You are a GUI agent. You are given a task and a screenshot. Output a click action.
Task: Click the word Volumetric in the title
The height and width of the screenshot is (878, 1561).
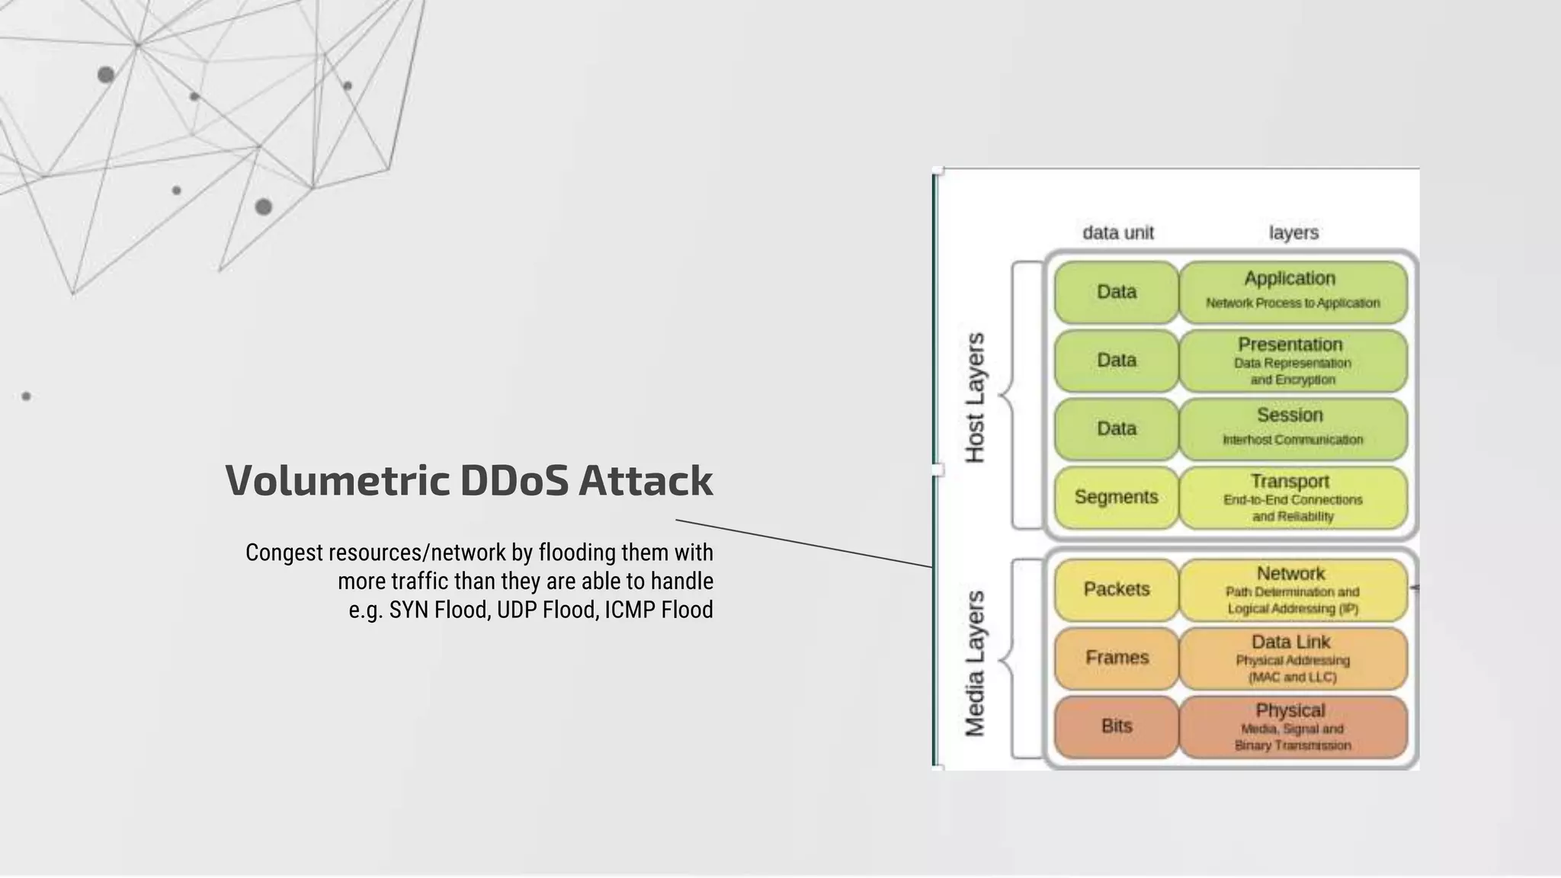[x=337, y=481]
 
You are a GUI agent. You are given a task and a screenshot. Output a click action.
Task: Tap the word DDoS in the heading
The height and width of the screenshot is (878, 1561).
[x=514, y=481]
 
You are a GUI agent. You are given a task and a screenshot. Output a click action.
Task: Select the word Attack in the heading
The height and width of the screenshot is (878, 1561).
[x=645, y=481]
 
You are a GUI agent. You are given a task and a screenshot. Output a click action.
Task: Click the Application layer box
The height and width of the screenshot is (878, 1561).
[x=1293, y=292]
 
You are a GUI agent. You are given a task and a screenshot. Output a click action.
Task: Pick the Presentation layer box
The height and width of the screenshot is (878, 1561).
[x=1293, y=360]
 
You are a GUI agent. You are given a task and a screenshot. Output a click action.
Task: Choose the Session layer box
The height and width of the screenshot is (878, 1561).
[x=1293, y=428]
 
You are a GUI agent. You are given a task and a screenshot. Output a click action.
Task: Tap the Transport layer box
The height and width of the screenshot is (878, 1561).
[x=1293, y=498]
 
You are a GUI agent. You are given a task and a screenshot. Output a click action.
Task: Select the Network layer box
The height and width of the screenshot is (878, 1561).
[x=1293, y=590]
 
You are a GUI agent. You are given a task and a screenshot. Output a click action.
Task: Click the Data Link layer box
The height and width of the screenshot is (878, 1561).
[x=1293, y=658]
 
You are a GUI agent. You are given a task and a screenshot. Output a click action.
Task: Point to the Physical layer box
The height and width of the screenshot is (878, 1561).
[x=1293, y=727]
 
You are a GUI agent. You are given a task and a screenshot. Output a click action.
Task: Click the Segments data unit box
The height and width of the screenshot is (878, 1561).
[x=1117, y=498]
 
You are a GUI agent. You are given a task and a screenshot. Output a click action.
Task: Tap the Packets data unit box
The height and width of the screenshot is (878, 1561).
[x=1117, y=589]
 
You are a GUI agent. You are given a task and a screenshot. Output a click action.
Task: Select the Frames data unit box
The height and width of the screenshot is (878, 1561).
[x=1117, y=658]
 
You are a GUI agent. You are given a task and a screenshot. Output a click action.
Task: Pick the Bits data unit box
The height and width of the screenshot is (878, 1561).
[x=1117, y=726]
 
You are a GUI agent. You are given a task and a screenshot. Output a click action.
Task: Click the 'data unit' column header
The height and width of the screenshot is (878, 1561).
[x=1118, y=233]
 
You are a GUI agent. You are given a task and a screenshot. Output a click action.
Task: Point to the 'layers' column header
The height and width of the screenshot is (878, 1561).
[x=1293, y=233]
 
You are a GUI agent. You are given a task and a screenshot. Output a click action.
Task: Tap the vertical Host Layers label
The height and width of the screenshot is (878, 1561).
[x=975, y=398]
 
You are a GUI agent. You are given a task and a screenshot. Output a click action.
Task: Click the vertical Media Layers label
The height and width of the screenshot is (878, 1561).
[x=975, y=663]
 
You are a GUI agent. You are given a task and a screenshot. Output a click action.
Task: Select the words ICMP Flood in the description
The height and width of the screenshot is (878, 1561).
[x=659, y=610]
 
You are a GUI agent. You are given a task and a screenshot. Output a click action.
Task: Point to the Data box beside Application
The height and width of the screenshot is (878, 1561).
[x=1117, y=292]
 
